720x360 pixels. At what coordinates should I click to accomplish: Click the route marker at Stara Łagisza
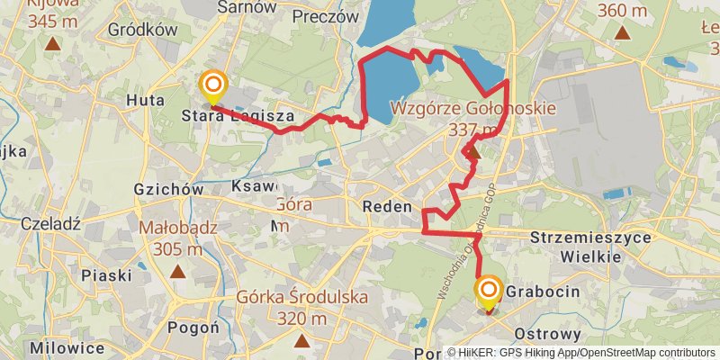tap(213, 87)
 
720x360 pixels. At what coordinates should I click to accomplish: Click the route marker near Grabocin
tap(489, 291)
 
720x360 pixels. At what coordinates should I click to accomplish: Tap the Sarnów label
tap(246, 7)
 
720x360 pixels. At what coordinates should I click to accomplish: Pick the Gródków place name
tap(141, 30)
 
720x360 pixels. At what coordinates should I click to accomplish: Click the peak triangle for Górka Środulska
tap(301, 340)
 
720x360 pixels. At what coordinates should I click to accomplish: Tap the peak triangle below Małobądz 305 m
tap(178, 270)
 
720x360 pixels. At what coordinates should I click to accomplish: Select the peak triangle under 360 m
tap(622, 33)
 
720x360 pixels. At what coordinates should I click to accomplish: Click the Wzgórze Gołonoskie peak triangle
tap(473, 153)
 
